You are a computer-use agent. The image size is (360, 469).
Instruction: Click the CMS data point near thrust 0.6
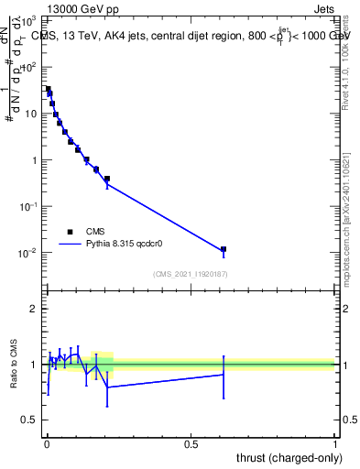tap(223, 249)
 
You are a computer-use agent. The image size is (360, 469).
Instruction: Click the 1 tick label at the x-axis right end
tap(334, 445)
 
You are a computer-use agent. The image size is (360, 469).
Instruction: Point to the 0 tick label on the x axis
tap(47, 445)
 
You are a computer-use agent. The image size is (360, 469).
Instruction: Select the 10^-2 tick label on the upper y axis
tap(29, 253)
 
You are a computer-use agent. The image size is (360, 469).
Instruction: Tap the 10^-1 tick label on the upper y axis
tap(29, 207)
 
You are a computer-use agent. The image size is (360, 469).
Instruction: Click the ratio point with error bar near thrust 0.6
tap(223, 374)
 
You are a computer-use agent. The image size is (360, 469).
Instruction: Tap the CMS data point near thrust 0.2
tap(107, 179)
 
